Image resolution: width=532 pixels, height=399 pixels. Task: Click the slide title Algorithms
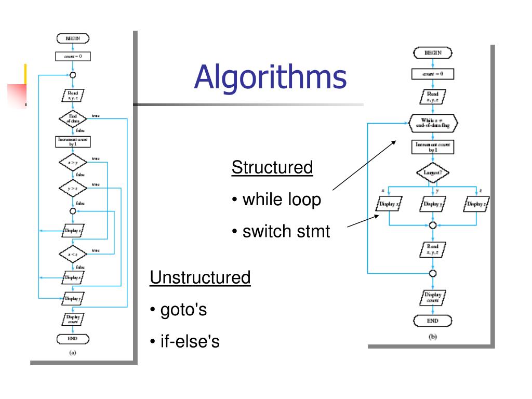click(x=270, y=77)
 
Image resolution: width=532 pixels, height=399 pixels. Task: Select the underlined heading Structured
click(x=272, y=168)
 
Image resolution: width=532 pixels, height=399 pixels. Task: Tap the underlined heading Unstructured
click(x=200, y=277)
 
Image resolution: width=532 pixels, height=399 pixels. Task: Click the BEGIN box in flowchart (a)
click(x=73, y=38)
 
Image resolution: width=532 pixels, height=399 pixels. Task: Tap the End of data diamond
click(x=72, y=118)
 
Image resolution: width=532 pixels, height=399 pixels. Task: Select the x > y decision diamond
click(x=72, y=163)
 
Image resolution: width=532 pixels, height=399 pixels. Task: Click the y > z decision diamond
click(x=72, y=188)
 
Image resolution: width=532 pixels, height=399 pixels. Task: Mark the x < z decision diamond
click(x=72, y=254)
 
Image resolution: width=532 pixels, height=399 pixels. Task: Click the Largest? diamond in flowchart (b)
click(x=432, y=172)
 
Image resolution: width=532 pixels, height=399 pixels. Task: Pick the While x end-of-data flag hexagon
click(x=433, y=123)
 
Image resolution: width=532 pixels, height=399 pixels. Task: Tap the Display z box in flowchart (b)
click(x=476, y=204)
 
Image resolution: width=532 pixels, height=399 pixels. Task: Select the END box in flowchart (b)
click(x=432, y=321)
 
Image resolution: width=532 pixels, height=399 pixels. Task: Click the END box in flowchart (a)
click(x=73, y=339)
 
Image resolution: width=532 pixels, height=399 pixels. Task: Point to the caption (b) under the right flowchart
click(x=432, y=337)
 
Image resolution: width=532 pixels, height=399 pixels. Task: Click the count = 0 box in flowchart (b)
click(x=433, y=74)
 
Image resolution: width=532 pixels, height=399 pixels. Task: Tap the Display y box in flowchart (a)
click(x=73, y=299)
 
